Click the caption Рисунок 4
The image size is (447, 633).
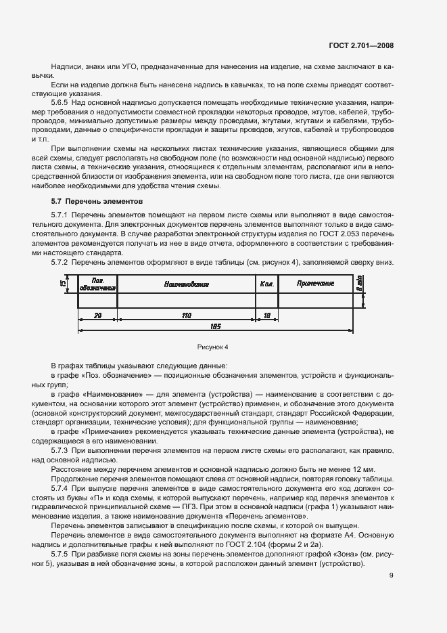pyautogui.click(x=212, y=347)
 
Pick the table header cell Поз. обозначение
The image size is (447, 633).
pyautogui.click(x=98, y=284)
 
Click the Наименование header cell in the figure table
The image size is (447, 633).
pyautogui.click(x=186, y=284)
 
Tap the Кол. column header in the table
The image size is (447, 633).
pyautogui.click(x=266, y=284)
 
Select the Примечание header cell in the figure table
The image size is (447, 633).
pyautogui.click(x=315, y=284)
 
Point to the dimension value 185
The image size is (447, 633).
pyautogui.click(x=216, y=326)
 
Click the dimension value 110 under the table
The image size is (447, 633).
pyautogui.click(x=186, y=315)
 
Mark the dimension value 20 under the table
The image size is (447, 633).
pyautogui.click(x=97, y=315)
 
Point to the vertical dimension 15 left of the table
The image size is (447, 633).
pyautogui.click(x=62, y=284)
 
